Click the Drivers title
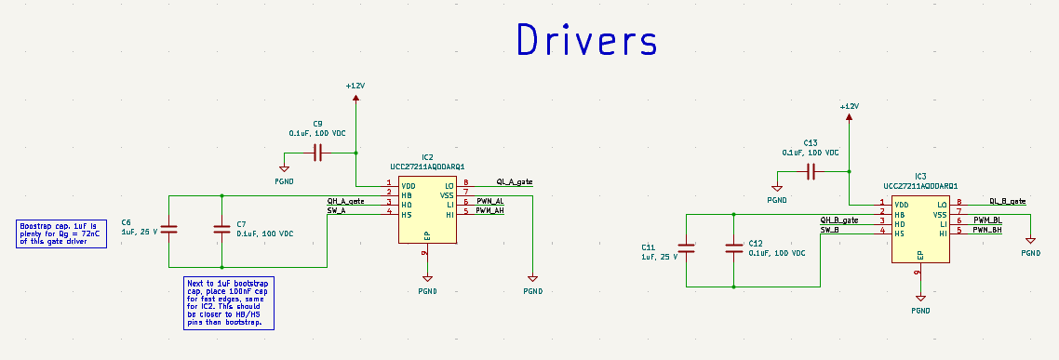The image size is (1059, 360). (586, 40)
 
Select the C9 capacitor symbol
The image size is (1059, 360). (318, 153)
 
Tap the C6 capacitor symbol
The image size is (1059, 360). (168, 229)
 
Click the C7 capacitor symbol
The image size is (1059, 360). (221, 229)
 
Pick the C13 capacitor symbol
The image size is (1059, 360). (811, 171)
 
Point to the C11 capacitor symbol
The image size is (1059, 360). (686, 248)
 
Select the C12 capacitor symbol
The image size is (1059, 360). (734, 248)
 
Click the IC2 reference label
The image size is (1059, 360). (427, 157)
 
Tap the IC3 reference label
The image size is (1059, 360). (919, 176)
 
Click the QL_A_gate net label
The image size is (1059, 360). (514, 182)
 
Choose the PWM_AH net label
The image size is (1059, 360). (489, 211)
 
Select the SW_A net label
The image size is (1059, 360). (336, 211)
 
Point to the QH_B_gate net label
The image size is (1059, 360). (838, 220)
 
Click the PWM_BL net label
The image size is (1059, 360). (986, 220)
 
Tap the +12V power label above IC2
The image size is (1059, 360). (355, 86)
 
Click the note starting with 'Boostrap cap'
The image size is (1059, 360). (61, 233)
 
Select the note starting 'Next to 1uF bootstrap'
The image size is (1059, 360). (228, 302)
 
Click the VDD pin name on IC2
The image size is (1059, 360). (408, 186)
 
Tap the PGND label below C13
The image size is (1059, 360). (777, 200)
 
